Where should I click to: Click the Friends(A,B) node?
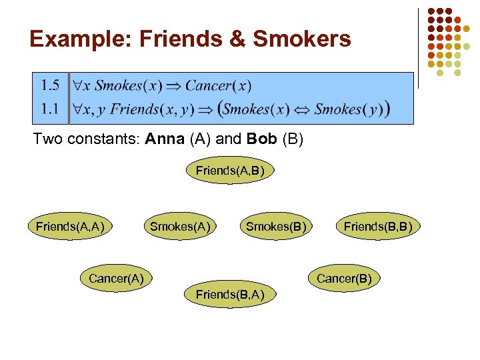(x=229, y=171)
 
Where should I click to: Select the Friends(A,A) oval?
(x=69, y=227)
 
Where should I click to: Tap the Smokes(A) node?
(x=180, y=227)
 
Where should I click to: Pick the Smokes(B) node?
(x=276, y=227)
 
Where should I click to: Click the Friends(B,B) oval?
(x=378, y=227)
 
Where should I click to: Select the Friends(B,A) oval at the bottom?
(x=229, y=295)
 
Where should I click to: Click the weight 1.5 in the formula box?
(x=50, y=85)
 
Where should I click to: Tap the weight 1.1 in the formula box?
(x=50, y=108)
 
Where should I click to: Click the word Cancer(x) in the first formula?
(x=218, y=85)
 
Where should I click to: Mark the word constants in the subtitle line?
(x=100, y=141)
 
